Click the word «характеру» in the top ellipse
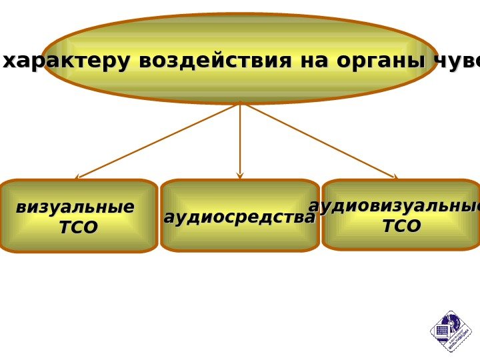[67, 61]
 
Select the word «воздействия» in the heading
[215, 61]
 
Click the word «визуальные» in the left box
[75, 207]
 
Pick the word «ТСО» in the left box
[78, 228]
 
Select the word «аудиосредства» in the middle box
[239, 217]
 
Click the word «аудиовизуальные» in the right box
[395, 206]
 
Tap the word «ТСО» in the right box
[401, 227]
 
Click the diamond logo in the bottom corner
[451, 331]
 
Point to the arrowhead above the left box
[77, 177]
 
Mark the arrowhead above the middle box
[240, 176]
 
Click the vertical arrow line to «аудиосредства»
[240, 140]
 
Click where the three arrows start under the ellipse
[240, 103]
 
